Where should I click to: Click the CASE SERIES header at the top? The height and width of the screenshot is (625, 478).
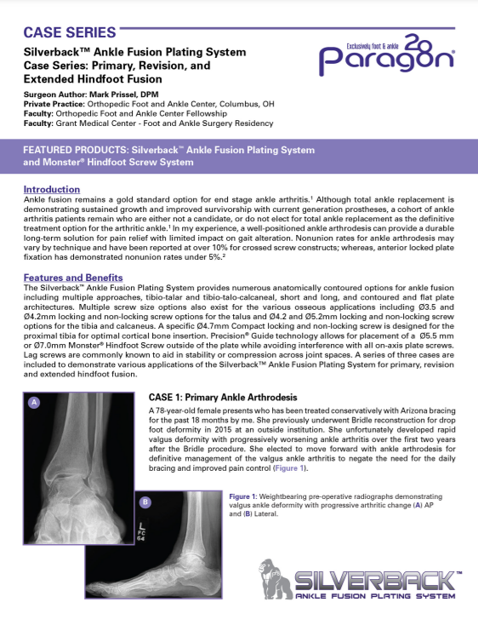coord(69,33)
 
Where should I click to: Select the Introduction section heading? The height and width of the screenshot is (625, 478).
coord(52,189)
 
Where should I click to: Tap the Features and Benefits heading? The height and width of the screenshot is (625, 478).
coord(74,278)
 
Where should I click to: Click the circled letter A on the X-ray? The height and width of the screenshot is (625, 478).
coord(35,401)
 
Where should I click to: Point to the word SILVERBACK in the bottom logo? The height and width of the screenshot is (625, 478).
coord(374,581)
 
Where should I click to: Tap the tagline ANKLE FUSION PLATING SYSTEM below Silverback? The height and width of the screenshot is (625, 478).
coord(375,601)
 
